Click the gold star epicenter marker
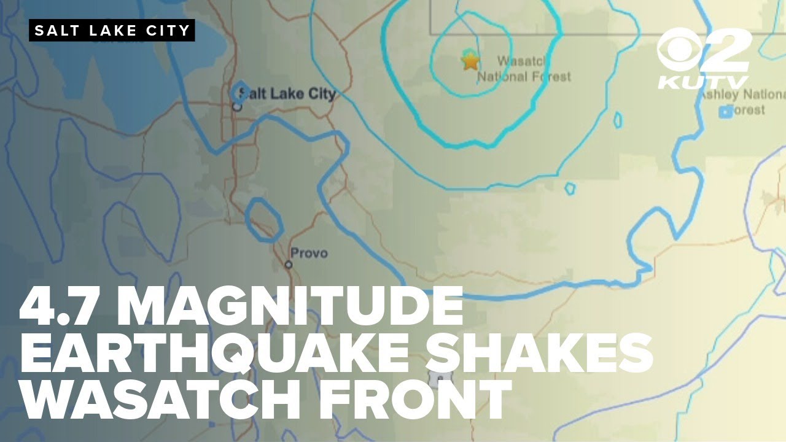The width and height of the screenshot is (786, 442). pos(470,61)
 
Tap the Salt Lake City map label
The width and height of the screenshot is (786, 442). pos(288,94)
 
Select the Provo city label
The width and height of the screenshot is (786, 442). pos(309,253)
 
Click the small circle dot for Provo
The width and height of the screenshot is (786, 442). pos(289,265)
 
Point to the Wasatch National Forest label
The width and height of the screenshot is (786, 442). pos(523,69)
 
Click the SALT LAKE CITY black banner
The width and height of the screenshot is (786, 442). pos(112,31)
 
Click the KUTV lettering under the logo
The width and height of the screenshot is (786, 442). pos(704,82)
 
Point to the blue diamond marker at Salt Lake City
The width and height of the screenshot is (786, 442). pos(241,92)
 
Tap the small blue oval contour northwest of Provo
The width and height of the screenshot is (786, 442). pos(263,219)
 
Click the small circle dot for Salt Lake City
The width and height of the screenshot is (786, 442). pos(237,106)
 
